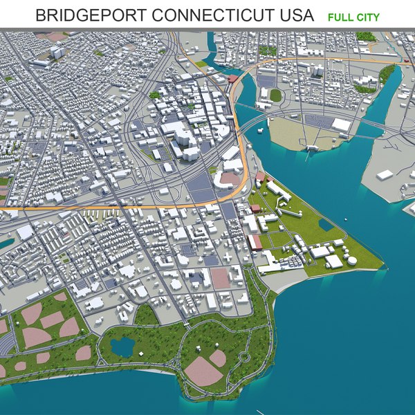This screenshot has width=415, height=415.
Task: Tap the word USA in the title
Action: coord(296,16)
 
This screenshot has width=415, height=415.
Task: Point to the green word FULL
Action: coord(339,17)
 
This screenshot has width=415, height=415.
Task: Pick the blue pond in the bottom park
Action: coord(122,347)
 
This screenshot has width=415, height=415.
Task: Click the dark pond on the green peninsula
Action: coord(326,224)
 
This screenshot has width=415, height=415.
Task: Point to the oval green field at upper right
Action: coord(275,95)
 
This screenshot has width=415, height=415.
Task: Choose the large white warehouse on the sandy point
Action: coord(342,124)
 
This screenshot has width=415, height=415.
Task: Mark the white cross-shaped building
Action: coord(228,258)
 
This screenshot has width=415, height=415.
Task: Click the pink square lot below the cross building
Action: coord(220,279)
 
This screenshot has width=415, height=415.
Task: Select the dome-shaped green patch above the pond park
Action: coord(146,315)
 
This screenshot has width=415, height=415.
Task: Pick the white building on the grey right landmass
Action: coord(385,175)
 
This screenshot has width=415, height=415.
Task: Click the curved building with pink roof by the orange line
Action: coord(227,178)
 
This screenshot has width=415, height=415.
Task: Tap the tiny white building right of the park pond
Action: coord(140,354)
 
